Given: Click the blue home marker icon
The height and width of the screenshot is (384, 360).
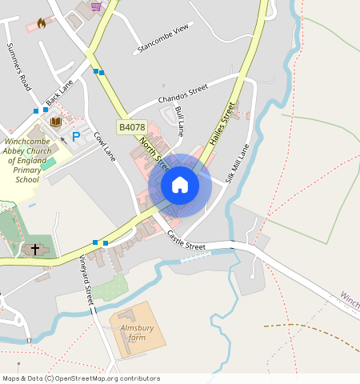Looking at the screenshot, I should [180, 186].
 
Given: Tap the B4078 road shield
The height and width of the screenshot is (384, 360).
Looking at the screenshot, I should [132, 127].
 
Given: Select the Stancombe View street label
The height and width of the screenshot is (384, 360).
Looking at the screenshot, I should [164, 38].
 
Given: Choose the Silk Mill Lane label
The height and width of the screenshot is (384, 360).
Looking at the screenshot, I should [238, 163].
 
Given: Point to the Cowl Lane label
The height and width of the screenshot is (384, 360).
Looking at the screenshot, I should [105, 146].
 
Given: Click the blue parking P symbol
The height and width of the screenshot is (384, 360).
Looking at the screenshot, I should [77, 137].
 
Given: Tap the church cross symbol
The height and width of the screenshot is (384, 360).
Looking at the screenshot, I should [34, 250].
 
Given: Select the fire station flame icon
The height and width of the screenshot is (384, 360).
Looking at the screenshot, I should [41, 24].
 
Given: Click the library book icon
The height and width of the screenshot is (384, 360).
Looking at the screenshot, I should [56, 122].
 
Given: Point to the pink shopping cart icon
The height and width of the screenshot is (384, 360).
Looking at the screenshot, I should [96, 6].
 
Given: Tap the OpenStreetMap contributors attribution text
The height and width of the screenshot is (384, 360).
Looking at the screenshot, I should [81, 378].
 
